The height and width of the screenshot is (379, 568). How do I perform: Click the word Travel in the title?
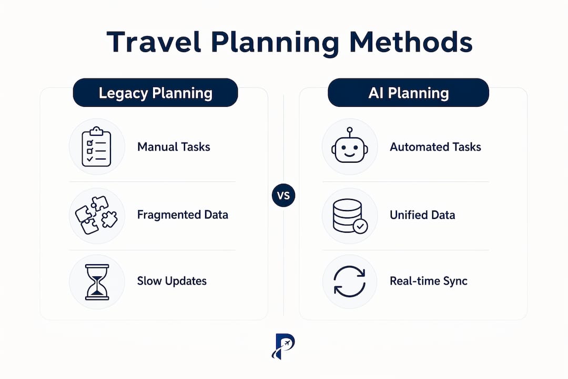point(154,42)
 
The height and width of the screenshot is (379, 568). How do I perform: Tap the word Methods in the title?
point(411,42)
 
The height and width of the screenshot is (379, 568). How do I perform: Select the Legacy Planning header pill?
point(155,93)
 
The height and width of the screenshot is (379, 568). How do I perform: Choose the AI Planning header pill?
point(408,93)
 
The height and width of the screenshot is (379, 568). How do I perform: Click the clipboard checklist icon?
point(96,147)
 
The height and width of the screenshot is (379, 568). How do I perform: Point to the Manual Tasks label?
point(174,147)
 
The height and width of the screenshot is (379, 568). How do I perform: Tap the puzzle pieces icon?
point(96,215)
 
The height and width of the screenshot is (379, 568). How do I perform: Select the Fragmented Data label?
point(182,215)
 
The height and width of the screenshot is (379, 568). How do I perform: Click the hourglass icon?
point(97,282)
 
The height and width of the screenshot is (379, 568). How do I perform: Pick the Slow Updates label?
point(171,281)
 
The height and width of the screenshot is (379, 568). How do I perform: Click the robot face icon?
point(350,145)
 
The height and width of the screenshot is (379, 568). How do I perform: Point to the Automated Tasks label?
point(435,147)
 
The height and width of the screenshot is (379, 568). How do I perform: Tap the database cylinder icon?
point(350,216)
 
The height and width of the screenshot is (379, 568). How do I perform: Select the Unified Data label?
point(422,215)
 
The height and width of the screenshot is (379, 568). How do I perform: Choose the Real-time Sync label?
point(429,281)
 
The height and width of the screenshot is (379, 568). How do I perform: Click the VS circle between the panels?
point(283,195)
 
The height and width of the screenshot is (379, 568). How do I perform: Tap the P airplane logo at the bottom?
point(283,346)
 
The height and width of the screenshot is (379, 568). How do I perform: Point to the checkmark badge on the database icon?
point(360,226)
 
